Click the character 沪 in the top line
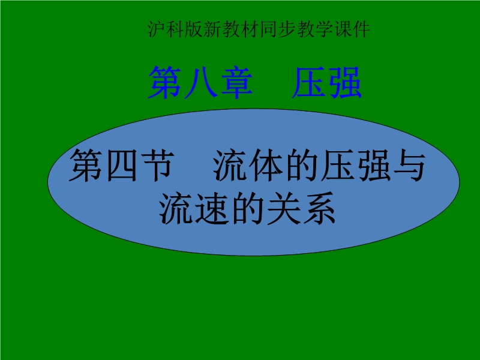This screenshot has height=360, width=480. (x=157, y=29)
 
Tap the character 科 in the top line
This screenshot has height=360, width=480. (x=176, y=29)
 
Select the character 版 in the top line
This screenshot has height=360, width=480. (x=194, y=29)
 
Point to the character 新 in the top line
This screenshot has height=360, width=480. (x=213, y=29)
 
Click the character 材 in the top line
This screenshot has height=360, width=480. (x=250, y=29)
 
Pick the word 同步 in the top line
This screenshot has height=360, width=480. (x=278, y=29)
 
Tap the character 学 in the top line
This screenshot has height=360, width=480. (x=324, y=29)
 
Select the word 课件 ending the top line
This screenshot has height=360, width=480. (x=352, y=29)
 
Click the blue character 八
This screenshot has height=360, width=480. (x=201, y=83)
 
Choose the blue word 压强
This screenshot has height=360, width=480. (x=327, y=83)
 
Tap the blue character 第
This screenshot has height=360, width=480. (x=165, y=83)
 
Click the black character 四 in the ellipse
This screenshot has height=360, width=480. (x=122, y=166)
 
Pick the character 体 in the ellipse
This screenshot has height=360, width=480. (x=266, y=166)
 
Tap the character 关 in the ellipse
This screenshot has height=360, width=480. (x=283, y=208)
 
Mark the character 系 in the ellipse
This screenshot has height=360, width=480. (x=319, y=208)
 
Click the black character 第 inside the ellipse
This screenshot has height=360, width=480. (x=86, y=166)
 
